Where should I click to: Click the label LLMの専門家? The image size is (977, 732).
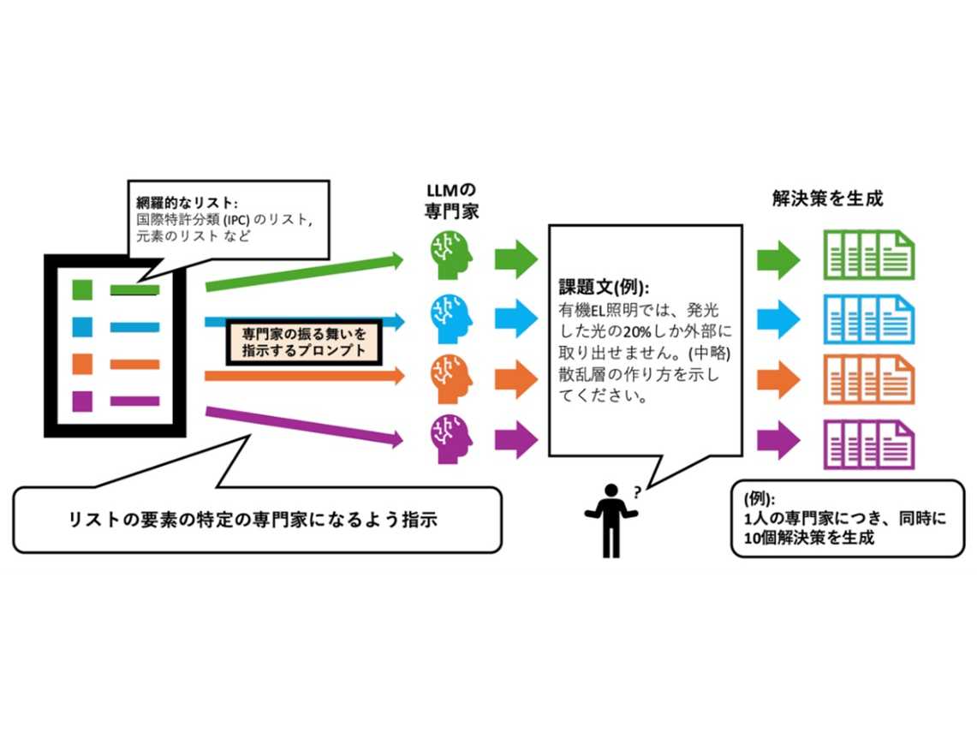452,200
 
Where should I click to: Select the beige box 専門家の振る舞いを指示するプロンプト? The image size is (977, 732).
302,341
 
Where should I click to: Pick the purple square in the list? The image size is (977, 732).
82,400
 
